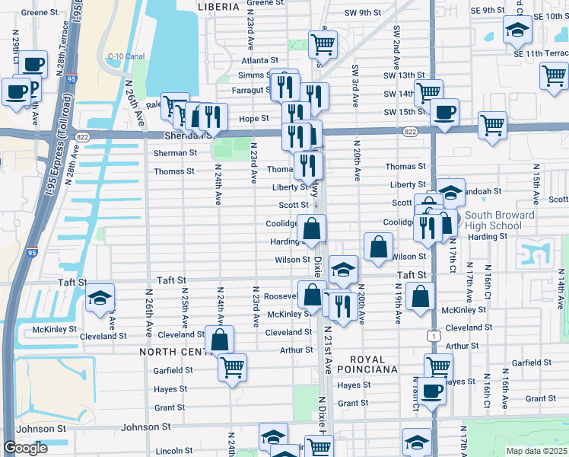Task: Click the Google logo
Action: pyautogui.click(x=25, y=448)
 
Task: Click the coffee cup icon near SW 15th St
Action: pyautogui.click(x=444, y=112)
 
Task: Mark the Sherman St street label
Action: pyautogui.click(x=176, y=152)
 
